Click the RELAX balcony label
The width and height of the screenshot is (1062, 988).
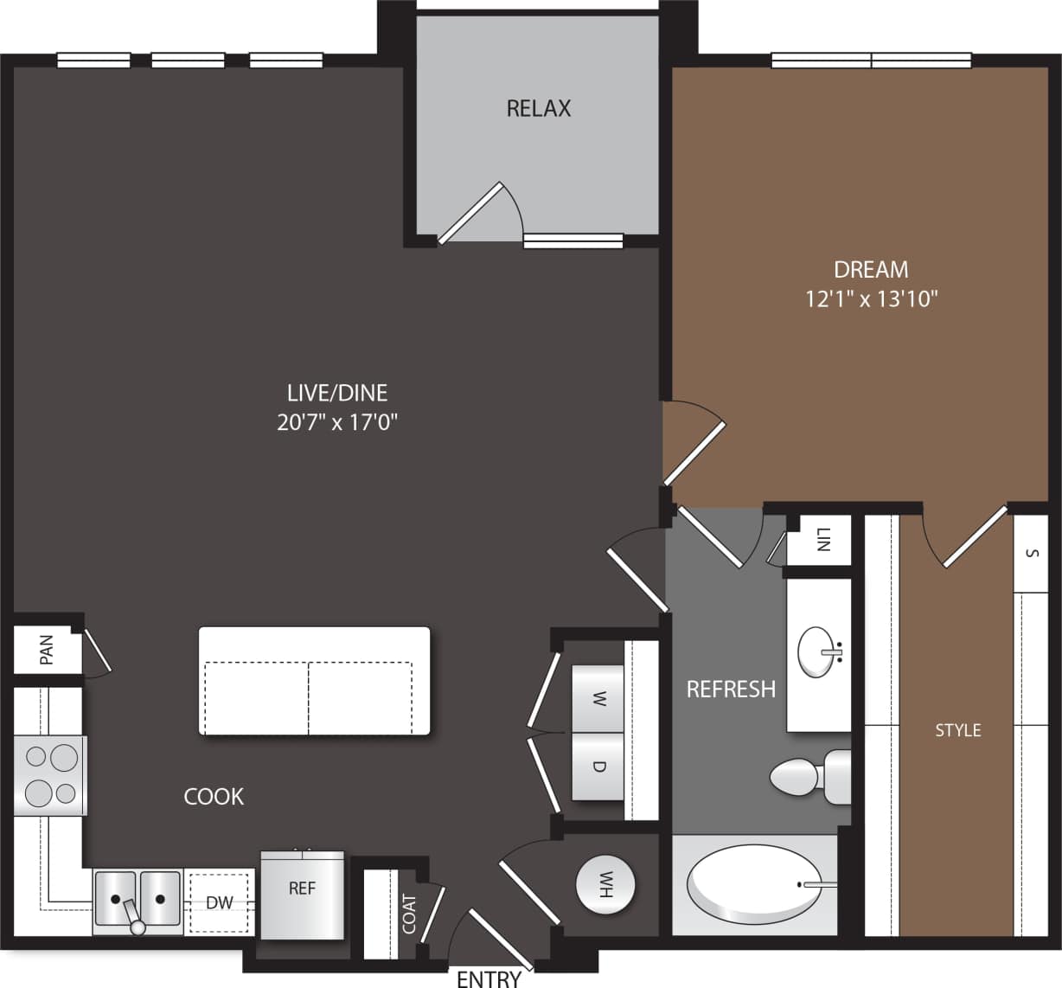pos(539,108)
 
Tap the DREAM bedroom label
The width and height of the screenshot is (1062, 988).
pos(871,269)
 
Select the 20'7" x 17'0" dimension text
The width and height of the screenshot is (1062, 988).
pos(337,422)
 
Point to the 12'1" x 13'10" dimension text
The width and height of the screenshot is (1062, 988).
pos(871,299)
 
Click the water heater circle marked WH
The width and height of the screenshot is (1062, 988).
pos(605,884)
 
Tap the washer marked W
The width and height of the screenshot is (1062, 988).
pos(598,699)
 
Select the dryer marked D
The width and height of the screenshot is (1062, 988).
pos(598,767)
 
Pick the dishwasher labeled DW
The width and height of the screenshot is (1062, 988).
pos(220,902)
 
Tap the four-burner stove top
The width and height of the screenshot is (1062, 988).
pos(50,775)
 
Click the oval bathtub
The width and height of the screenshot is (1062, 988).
pos(753,884)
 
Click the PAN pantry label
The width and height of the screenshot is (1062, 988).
pos(47,650)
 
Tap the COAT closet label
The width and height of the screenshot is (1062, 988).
pos(409,914)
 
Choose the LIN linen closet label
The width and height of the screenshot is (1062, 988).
pos(822,540)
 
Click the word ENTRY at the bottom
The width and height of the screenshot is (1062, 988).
pos(489,978)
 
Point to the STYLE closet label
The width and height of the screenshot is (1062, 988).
pos(957,730)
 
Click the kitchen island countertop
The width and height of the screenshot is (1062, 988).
pos(314,681)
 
